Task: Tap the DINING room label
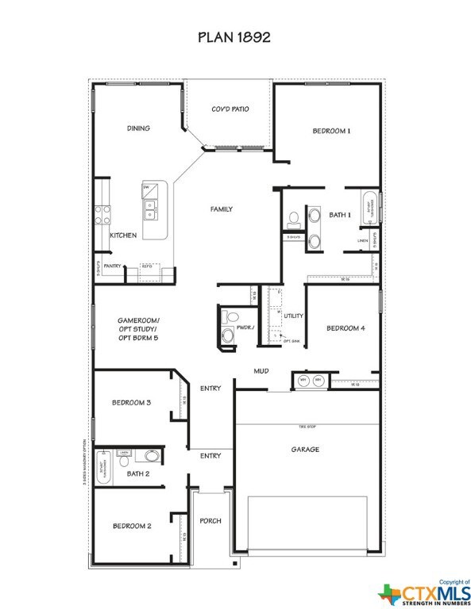coord(138,128)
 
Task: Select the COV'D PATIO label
coord(230,109)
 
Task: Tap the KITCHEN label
coord(123,236)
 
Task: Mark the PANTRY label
coord(112,266)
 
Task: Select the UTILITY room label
coord(294,316)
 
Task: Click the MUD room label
coord(261,370)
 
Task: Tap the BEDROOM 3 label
coord(131,403)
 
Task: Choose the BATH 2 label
coord(137,473)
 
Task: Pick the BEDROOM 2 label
coord(131,526)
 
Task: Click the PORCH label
coord(210,521)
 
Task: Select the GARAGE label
coord(305,450)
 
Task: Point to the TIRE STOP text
coord(307,427)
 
